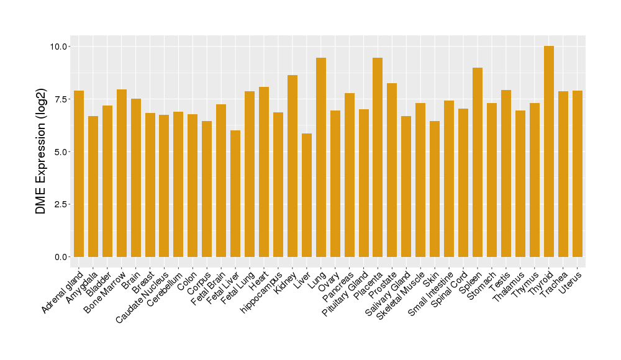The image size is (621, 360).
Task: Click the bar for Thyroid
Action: (x=548, y=151)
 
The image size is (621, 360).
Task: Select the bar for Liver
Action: (x=307, y=195)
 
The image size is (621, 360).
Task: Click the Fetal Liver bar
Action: (x=235, y=194)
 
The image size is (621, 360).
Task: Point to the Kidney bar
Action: (x=292, y=166)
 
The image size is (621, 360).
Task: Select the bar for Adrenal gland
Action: (x=79, y=174)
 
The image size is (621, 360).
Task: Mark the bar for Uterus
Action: (x=577, y=174)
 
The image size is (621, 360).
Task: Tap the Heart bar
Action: (x=264, y=172)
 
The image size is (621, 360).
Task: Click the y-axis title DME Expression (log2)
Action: (x=41, y=151)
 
